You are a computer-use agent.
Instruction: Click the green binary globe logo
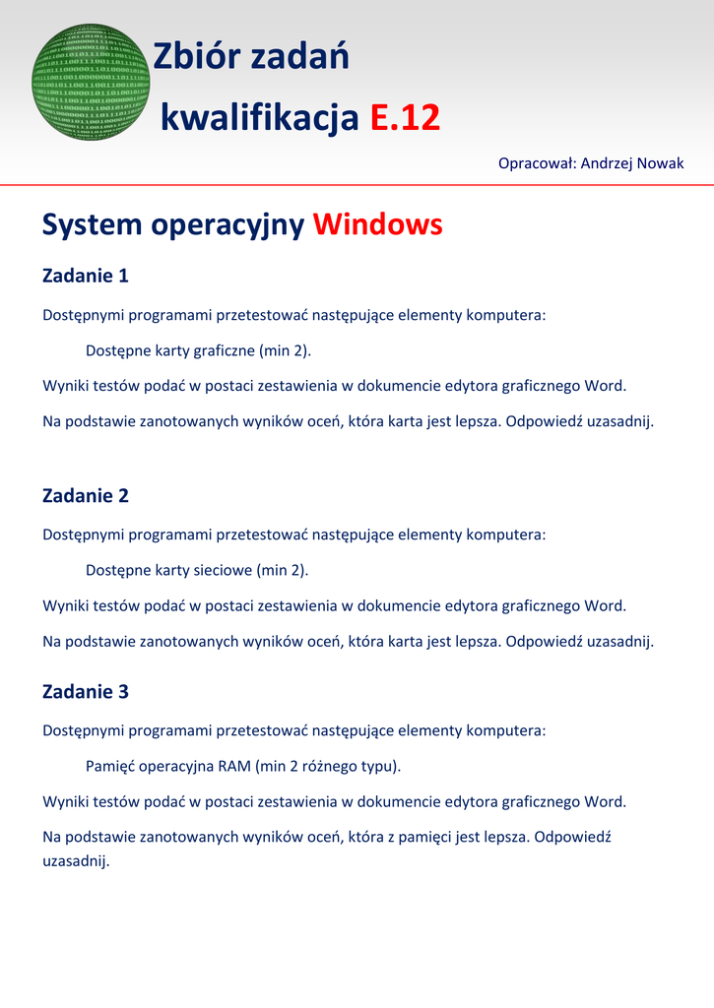coord(91,82)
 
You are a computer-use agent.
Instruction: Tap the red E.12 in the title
coord(405,119)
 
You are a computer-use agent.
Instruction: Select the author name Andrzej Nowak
coord(632,162)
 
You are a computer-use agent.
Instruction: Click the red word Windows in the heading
coord(377,225)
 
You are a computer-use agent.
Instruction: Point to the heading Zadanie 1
coord(86,276)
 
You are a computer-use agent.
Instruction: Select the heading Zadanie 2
coord(86,495)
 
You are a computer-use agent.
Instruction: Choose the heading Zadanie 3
coord(86,691)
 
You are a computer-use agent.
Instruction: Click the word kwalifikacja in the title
coord(259,119)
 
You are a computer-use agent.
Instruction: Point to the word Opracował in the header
coord(537,162)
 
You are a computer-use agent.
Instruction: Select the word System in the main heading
coord(92,225)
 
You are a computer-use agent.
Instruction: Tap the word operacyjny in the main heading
coord(227,225)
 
